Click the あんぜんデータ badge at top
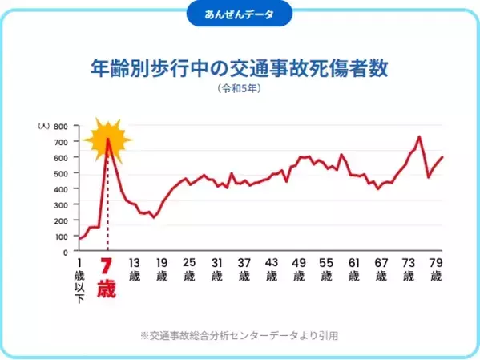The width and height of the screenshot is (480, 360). point(240,14)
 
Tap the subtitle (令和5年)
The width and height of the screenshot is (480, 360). point(240,90)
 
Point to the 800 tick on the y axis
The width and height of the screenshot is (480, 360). point(61,127)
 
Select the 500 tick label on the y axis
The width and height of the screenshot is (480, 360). point(61,174)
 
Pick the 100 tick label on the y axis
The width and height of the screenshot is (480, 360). point(61,237)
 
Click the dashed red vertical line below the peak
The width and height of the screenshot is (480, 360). point(107,208)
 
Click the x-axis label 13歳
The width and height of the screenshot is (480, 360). point(134,269)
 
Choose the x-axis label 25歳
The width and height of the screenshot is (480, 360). point(189,269)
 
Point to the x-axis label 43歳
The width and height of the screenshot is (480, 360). point(272,269)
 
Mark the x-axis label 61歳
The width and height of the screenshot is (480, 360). point(354,269)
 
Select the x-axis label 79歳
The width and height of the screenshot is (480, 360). point(437,269)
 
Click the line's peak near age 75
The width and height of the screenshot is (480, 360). point(419,137)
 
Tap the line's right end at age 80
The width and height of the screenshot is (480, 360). point(442,157)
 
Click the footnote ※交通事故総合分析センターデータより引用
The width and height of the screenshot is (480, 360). point(240,334)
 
